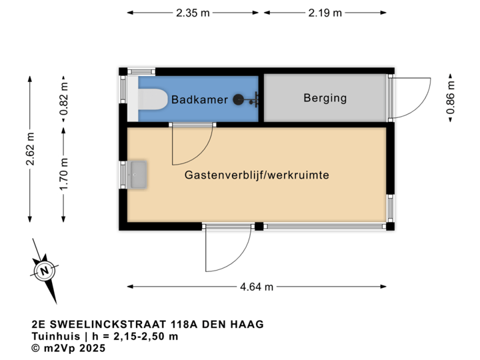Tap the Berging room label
coord(325,98)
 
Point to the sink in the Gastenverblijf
coord(139,174)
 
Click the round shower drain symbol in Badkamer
coord(239,100)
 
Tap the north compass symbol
coord(45,271)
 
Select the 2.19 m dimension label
coord(325,13)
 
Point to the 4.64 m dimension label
coord(257,287)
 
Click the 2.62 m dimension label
coord(30,150)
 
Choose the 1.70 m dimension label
coord(64,174)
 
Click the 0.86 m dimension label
coord(451,98)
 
